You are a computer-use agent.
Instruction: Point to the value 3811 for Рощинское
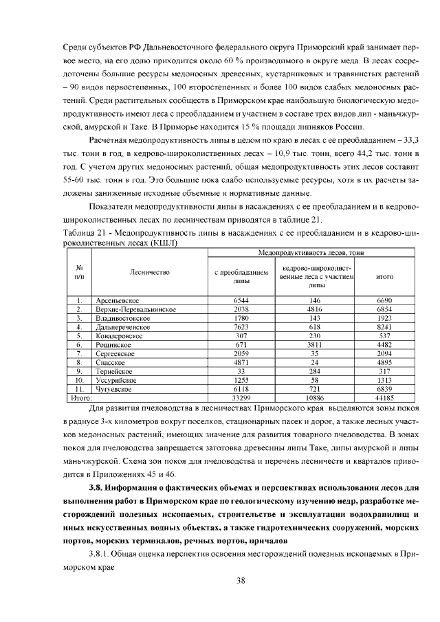point(316,345)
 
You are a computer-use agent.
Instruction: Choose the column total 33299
point(241,397)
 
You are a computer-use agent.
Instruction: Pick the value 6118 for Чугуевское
point(241,388)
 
